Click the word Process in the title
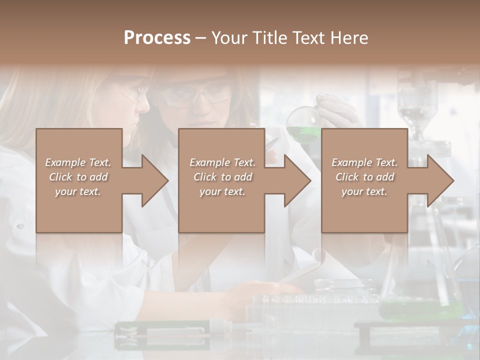click(157, 38)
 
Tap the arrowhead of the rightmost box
click(440, 180)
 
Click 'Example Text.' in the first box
click(78, 162)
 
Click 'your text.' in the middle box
click(222, 191)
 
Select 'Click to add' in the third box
click(365, 177)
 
